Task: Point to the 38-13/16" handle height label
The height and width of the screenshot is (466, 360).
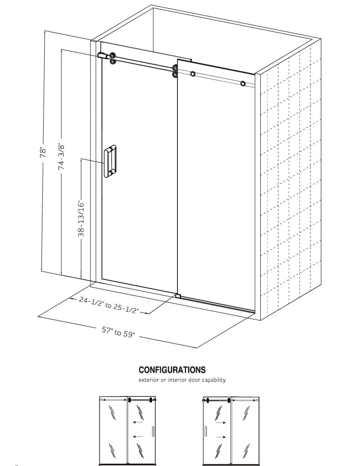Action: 81,219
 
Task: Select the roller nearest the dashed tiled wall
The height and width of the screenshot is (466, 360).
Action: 243,84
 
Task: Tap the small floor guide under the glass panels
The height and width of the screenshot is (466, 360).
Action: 177,296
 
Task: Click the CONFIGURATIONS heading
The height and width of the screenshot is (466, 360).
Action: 172,370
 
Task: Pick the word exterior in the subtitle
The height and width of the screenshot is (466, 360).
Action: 150,380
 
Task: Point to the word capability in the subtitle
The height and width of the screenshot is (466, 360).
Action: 214,380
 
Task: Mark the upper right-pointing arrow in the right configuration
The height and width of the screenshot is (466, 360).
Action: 220,422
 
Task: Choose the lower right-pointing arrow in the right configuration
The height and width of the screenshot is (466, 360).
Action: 220,437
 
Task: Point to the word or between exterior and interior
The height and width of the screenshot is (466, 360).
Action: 165,380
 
